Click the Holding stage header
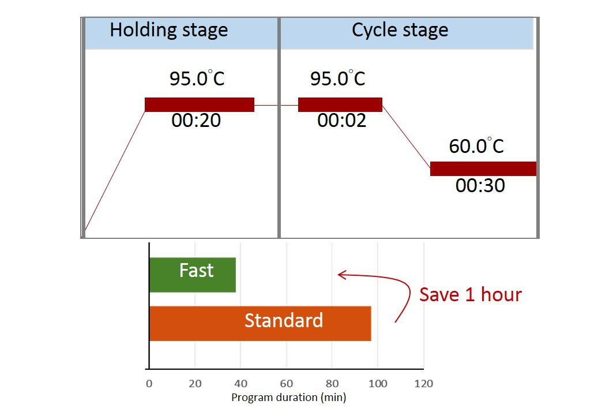click(168, 30)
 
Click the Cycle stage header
click(400, 30)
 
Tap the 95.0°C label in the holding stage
click(197, 78)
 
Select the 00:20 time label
click(196, 121)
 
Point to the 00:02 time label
click(342, 121)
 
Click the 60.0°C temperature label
click(476, 146)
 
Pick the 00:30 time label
click(480, 185)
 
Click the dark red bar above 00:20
click(199, 104)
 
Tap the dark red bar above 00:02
click(340, 104)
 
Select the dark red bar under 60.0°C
click(483, 168)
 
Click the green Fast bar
click(192, 275)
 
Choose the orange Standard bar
click(260, 324)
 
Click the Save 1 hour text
click(470, 294)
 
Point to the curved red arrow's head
click(340, 275)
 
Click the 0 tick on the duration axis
click(149, 384)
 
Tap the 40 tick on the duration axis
click(240, 384)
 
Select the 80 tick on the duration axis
click(332, 384)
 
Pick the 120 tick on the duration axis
click(424, 384)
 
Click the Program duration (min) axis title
click(288, 397)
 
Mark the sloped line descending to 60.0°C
click(406, 137)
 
